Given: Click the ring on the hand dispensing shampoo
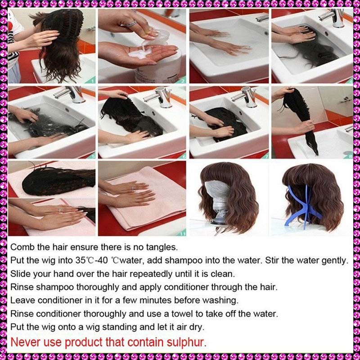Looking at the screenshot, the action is coord(131,24).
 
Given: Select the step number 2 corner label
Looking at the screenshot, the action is coord(183,81).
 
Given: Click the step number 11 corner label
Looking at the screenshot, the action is coord(183,234).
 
